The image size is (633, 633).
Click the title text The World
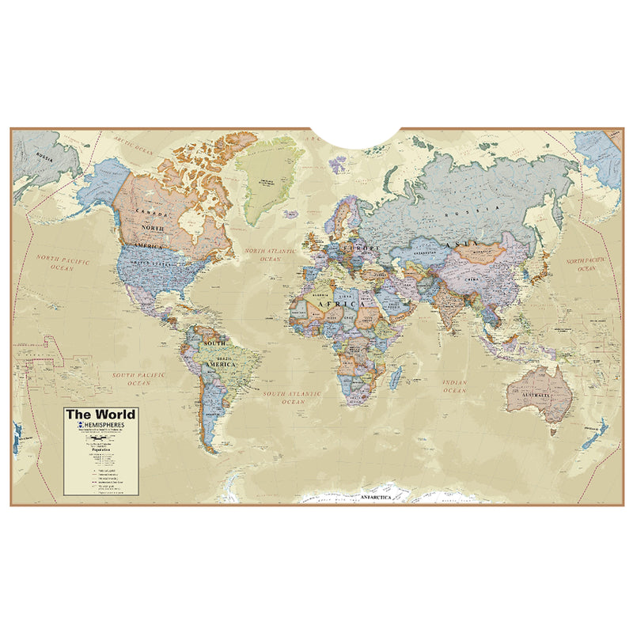tap(100, 414)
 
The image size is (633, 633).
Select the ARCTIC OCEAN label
tap(131, 144)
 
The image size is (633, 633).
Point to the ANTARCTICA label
tap(377, 497)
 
